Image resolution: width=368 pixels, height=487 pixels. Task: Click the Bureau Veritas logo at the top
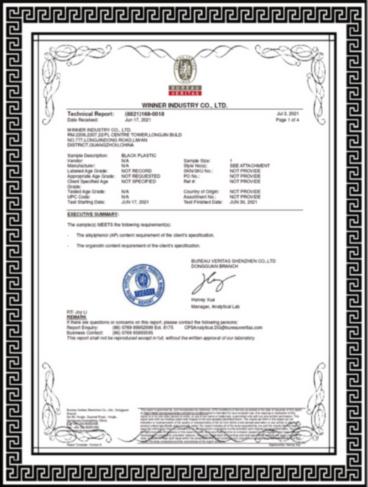coord(185,75)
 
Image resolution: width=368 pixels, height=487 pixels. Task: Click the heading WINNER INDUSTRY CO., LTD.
coord(185,106)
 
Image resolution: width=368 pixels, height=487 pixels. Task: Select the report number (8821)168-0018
coord(144,114)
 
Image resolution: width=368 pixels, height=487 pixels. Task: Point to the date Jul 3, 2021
coord(288,114)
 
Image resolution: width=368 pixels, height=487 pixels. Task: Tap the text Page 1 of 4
coord(287,120)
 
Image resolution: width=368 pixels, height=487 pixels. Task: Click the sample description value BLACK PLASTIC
coord(139,156)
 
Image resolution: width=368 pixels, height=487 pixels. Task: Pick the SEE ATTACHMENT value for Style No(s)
coord(249,166)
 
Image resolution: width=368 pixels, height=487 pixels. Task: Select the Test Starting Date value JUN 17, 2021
coord(135,202)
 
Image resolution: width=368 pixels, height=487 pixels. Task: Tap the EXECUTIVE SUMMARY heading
coord(93,214)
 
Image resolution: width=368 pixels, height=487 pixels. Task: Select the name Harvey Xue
coord(202,300)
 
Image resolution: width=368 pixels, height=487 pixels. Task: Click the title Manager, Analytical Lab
coord(216,307)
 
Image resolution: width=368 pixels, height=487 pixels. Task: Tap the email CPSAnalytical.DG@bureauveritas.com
coord(223,328)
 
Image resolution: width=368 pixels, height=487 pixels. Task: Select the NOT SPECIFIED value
coord(139,182)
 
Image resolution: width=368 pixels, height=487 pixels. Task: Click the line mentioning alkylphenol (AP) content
coord(144,235)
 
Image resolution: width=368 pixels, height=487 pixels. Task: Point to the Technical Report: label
coord(91,114)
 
